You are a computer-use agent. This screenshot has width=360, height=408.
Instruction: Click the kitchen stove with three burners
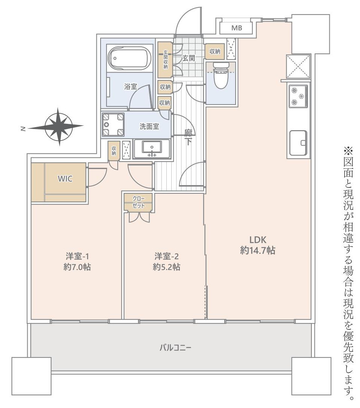tap(299, 96)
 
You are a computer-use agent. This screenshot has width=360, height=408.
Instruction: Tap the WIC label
tap(65, 178)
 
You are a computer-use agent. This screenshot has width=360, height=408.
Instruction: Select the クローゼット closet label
tap(138, 202)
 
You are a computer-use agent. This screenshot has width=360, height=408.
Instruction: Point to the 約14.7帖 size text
tap(258, 251)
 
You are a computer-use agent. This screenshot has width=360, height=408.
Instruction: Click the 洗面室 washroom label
tap(149, 126)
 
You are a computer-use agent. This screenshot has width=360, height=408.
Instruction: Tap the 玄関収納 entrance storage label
tap(165, 59)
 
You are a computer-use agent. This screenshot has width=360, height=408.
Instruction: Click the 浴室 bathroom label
tap(130, 86)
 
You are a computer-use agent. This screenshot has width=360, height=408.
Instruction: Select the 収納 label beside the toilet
tap(215, 52)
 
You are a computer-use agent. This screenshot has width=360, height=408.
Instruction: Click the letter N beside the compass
tap(23, 129)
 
